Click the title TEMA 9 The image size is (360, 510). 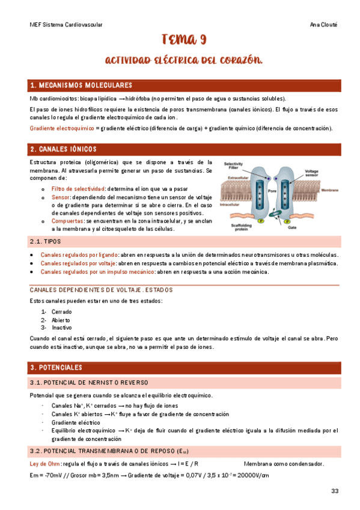(x=185, y=41)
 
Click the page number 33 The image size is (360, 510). (x=335, y=491)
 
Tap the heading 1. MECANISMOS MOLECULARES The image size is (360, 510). (x=81, y=85)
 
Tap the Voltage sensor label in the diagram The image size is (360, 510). (x=311, y=173)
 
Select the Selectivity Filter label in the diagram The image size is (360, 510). (x=233, y=165)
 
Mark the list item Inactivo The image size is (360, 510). (x=61, y=328)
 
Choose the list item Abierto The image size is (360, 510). (x=61, y=320)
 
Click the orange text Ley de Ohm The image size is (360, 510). (x=45, y=464)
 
